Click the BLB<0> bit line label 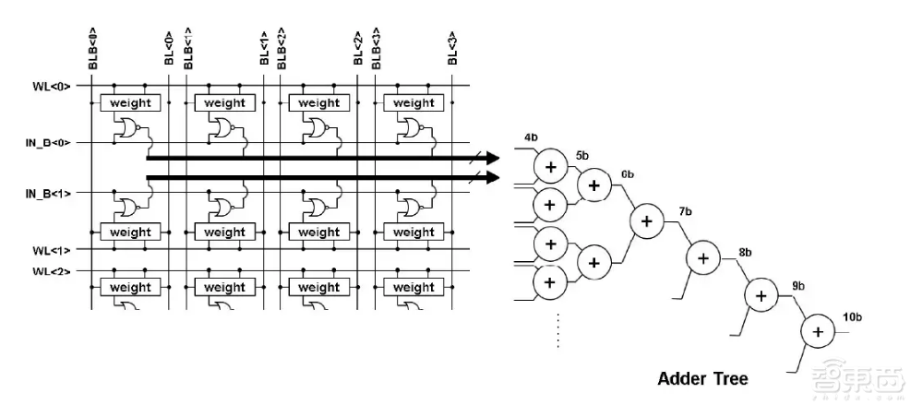pos(92,49)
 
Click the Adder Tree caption pos(702,378)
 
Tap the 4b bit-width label pos(531,137)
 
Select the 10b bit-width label pos(852,317)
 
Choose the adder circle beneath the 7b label pos(702,258)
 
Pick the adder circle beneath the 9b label pos(761,295)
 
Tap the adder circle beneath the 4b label pos(551,166)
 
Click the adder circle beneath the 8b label pos(702,258)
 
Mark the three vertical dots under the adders pos(557,332)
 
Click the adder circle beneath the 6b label pos(646,220)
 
